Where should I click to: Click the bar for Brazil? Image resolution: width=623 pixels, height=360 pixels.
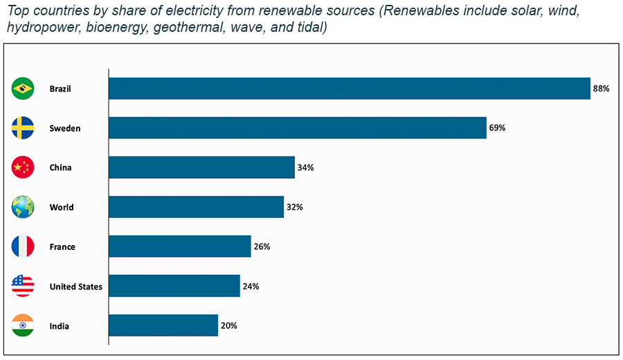coord(350,89)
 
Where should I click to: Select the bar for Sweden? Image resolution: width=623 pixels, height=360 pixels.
coord(298,128)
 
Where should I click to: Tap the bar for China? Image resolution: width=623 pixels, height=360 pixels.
coord(201,168)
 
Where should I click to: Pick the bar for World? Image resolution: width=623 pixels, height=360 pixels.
coord(196,207)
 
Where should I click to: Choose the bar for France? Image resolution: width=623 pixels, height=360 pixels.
coord(180,246)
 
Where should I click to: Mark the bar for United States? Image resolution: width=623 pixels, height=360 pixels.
coord(174,286)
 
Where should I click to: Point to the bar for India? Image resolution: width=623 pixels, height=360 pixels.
coord(163,325)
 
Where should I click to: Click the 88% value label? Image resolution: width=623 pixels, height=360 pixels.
coord(600,89)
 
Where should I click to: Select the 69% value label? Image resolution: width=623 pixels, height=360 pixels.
coord(497,128)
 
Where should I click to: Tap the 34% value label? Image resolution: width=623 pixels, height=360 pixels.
coord(305,168)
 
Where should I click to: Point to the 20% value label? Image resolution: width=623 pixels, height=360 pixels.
coord(228,325)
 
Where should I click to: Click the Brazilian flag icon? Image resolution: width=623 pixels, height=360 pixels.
coord(23,89)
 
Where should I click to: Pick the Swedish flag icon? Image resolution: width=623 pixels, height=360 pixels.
coord(23,128)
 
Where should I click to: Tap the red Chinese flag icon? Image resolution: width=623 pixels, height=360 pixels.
coord(23,168)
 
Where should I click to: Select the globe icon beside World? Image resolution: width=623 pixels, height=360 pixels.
coord(23,207)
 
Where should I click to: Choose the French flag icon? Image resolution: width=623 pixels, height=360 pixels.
coord(23,246)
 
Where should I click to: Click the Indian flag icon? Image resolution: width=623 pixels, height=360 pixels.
coord(23,325)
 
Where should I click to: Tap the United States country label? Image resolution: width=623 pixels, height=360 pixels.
coord(75,287)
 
